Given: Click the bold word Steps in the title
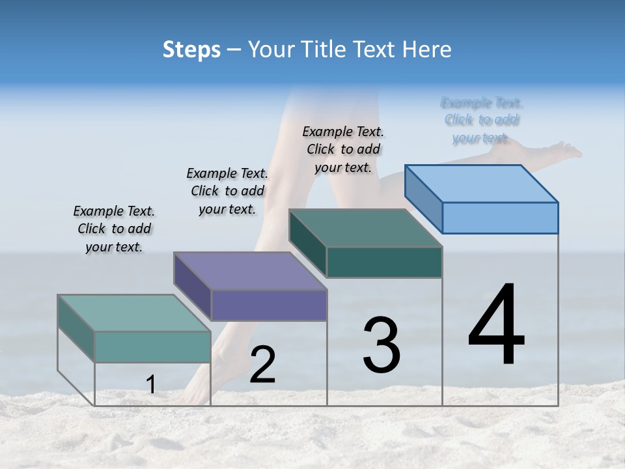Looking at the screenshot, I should click(x=191, y=50).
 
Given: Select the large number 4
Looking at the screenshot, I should click(x=496, y=326).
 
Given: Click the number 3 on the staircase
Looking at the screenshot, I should click(x=382, y=345).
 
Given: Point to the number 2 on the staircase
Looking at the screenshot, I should click(x=262, y=365).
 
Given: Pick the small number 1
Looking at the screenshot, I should click(x=150, y=385).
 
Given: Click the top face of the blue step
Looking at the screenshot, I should click(x=482, y=183).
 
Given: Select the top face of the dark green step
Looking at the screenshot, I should click(x=366, y=228).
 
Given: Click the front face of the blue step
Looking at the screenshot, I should click(x=500, y=218).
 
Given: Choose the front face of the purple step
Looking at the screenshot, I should click(x=269, y=306).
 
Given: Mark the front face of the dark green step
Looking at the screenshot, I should click(x=384, y=263).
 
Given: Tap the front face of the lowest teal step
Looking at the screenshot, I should click(x=152, y=347).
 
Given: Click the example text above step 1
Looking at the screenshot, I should click(x=114, y=229).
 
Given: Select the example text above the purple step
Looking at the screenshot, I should click(x=227, y=192).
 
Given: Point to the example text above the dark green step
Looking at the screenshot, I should click(x=343, y=149).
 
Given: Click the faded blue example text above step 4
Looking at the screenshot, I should click(x=481, y=120).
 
